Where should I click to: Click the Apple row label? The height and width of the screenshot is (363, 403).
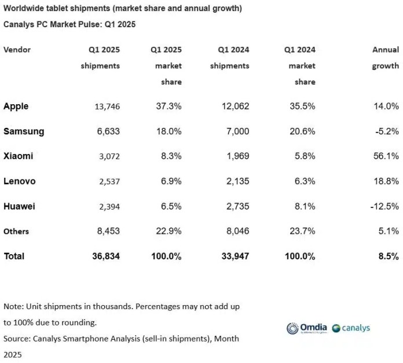(16, 107)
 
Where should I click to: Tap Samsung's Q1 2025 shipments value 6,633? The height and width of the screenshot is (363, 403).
(107, 131)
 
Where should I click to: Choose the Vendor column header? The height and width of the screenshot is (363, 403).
(17, 50)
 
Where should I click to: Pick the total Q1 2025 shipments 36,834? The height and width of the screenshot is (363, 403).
(105, 256)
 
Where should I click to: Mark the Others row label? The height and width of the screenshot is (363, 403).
(16, 232)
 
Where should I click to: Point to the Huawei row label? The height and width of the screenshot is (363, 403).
(19, 206)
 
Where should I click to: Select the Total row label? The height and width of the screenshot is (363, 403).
(14, 256)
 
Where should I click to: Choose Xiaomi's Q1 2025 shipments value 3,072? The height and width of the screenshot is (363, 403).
(107, 156)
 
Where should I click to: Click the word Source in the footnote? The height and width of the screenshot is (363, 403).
(17, 338)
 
